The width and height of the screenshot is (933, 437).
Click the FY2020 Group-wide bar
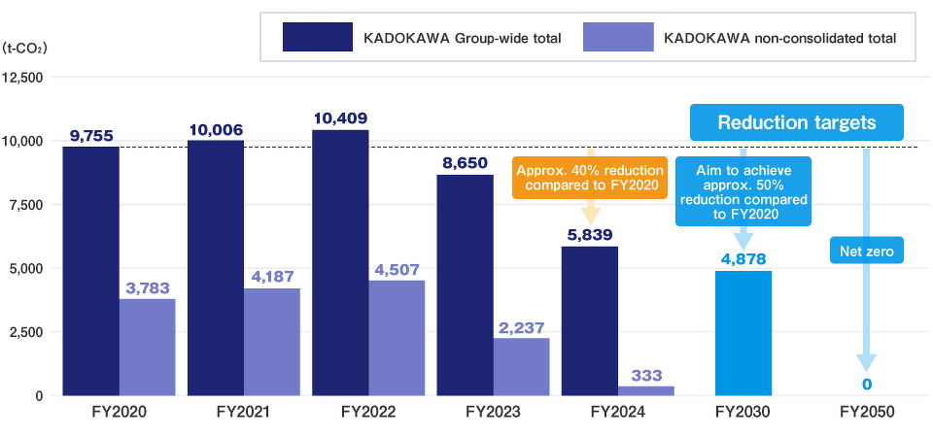pyautogui.click(x=90, y=271)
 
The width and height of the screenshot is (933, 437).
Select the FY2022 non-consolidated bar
pyautogui.click(x=396, y=338)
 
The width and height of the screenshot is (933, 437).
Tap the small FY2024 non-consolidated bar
pyautogui.click(x=645, y=390)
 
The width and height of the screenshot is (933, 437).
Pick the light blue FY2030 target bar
pyautogui.click(x=743, y=333)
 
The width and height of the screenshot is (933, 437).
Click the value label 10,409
pyautogui.click(x=340, y=118)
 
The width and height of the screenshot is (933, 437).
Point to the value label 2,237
pyautogui.click(x=522, y=328)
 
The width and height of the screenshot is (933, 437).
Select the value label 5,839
pyautogui.click(x=590, y=235)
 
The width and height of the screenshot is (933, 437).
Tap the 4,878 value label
pyautogui.click(x=743, y=260)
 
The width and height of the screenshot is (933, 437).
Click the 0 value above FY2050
pyautogui.click(x=866, y=386)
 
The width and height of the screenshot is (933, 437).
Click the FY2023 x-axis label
pyautogui.click(x=493, y=413)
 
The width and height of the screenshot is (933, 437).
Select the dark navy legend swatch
pyautogui.click(x=317, y=38)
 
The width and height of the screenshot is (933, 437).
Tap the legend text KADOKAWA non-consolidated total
pyautogui.click(x=778, y=39)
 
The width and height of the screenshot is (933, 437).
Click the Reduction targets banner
pyautogui.click(x=797, y=123)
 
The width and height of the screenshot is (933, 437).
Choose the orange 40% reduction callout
pyautogui.click(x=590, y=178)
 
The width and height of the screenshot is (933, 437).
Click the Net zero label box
pyautogui.click(x=866, y=252)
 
